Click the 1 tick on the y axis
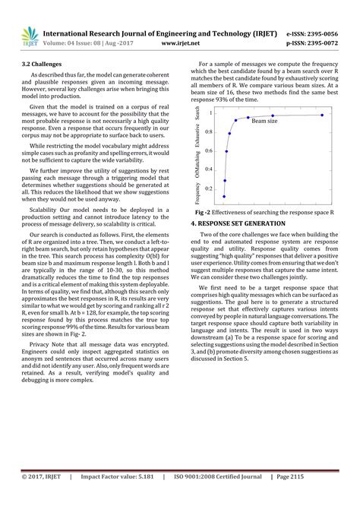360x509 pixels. pos(220,112)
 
